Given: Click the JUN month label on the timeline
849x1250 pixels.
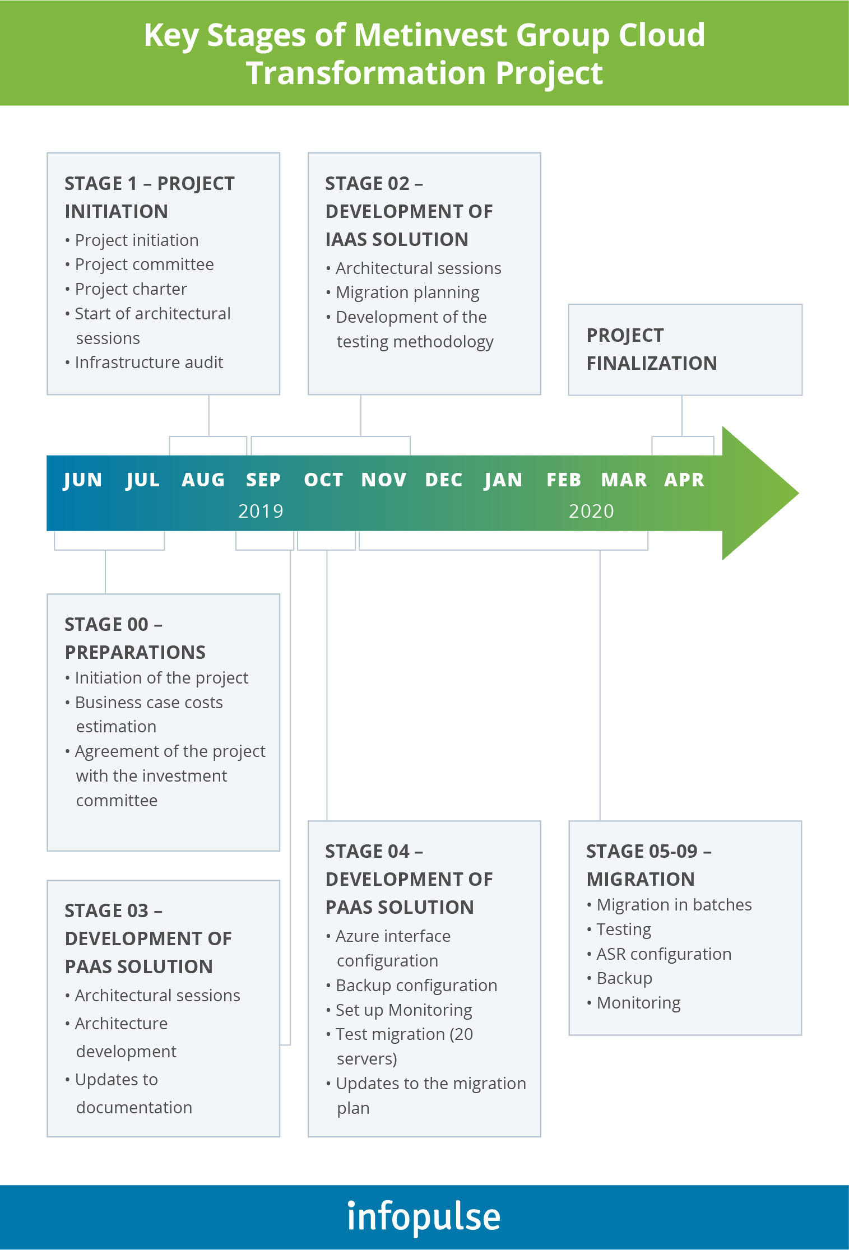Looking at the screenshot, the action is (x=82, y=481).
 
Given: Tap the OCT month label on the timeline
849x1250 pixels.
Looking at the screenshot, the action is (x=323, y=480).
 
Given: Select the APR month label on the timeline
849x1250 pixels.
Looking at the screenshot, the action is (x=684, y=480).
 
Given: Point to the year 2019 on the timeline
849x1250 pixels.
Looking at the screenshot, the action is (x=261, y=511).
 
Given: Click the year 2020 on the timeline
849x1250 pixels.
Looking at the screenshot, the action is (x=591, y=511).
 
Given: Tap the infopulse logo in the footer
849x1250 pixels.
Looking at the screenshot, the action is (x=424, y=1217).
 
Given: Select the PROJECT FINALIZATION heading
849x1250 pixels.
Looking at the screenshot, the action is (x=652, y=349).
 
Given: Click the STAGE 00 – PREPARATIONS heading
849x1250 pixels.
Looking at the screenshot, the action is (x=135, y=638).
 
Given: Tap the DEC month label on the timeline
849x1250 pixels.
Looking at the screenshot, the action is (x=444, y=480).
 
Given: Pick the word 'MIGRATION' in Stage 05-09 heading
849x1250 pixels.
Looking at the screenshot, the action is (x=641, y=879).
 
